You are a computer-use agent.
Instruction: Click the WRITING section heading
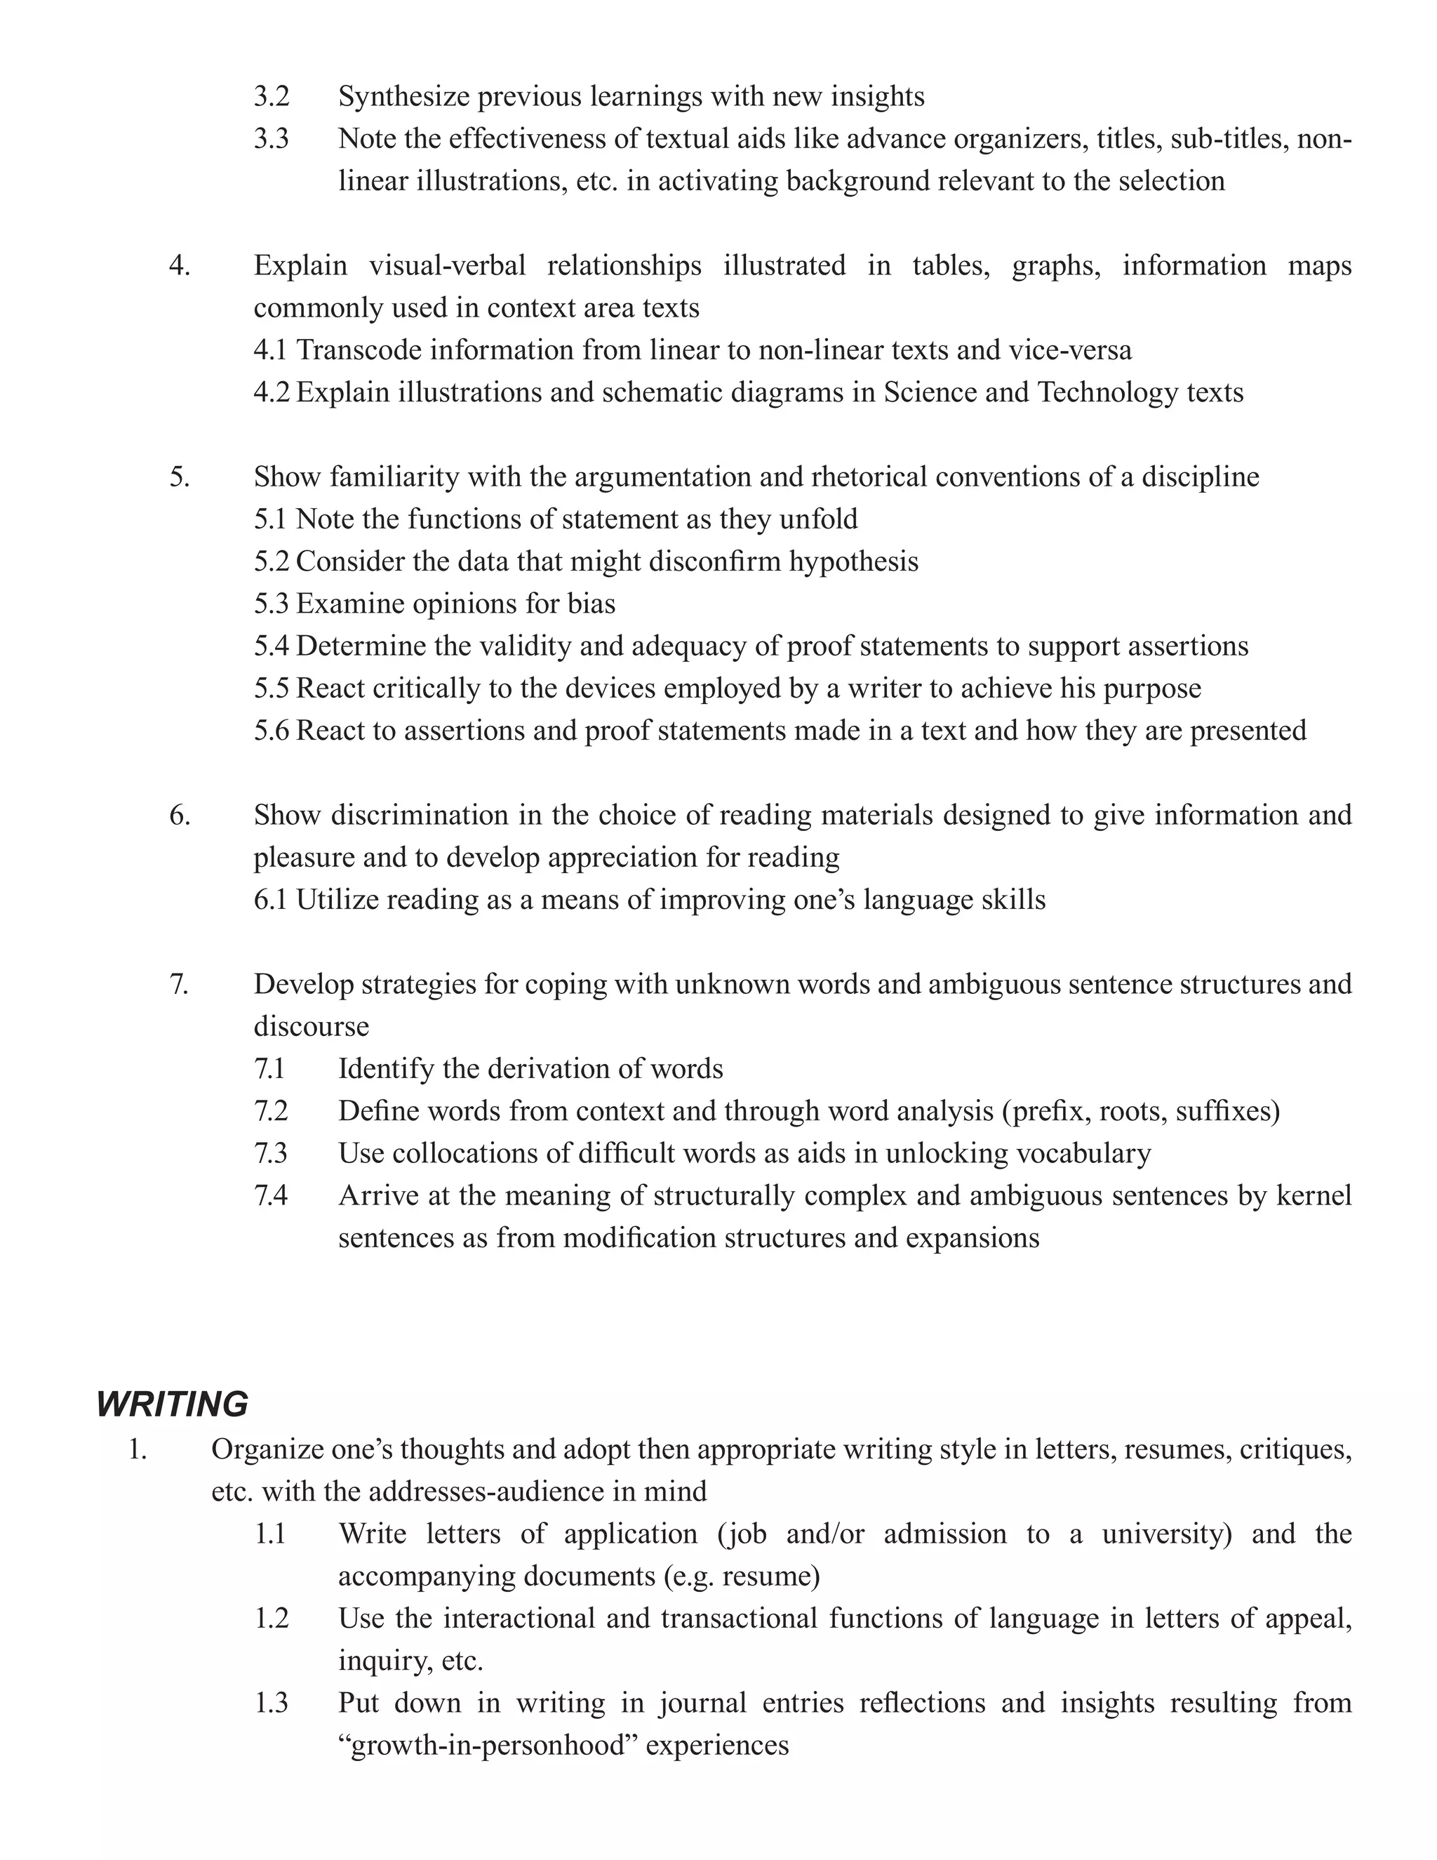pyautogui.click(x=172, y=1404)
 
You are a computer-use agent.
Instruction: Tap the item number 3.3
pyautogui.click(x=271, y=138)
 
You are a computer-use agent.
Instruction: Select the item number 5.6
pyautogui.click(x=271, y=731)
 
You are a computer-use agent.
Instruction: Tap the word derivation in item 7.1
pyautogui.click(x=500, y=1069)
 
